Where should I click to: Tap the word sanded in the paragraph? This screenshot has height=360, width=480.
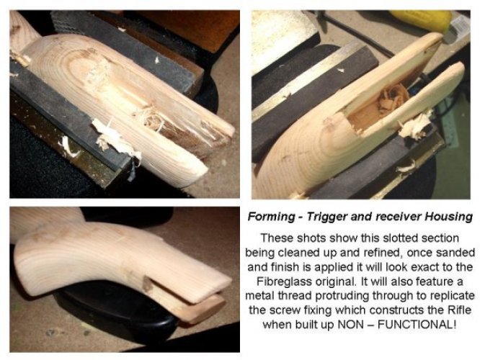point(455,253)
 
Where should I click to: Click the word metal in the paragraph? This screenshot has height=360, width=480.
point(260,296)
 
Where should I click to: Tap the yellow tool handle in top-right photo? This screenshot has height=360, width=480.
point(421,20)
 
